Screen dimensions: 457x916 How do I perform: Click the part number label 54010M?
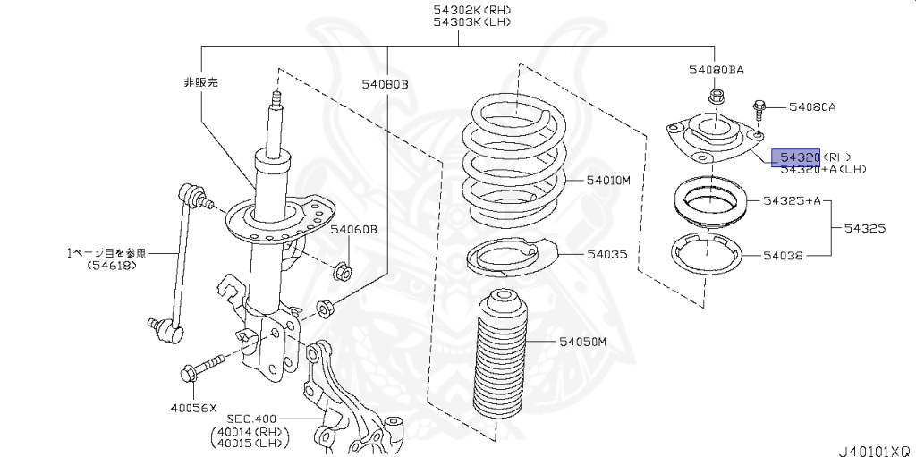click(x=609, y=180)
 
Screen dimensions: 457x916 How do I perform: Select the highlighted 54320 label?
click(x=796, y=157)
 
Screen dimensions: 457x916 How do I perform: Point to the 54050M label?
click(x=583, y=342)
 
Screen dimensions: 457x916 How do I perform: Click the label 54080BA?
click(x=716, y=69)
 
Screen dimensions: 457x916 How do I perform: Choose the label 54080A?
click(x=812, y=107)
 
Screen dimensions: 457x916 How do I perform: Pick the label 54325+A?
click(x=793, y=200)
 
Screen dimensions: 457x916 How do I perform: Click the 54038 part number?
click(x=784, y=256)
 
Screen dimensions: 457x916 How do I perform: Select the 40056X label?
click(x=193, y=408)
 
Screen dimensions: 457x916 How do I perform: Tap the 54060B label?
click(x=353, y=230)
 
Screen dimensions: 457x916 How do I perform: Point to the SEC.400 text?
click(x=252, y=419)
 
